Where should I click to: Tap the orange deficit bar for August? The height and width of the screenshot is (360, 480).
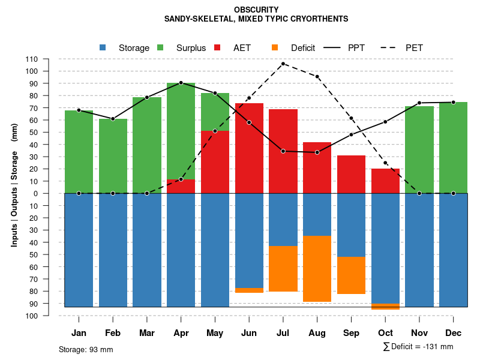coord(317,269)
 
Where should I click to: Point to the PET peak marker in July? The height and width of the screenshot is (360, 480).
coord(283,64)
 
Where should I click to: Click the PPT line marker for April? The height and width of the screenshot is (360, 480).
coord(181,83)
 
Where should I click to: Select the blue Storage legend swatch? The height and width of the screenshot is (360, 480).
coord(103,48)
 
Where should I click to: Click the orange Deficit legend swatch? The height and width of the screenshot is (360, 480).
coord(275,48)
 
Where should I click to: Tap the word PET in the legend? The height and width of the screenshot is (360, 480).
coord(414,48)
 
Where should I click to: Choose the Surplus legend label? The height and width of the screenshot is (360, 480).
coord(191,48)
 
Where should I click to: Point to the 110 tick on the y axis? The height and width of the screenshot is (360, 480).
coord(32,59)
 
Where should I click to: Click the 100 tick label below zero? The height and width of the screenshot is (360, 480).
coord(32,316)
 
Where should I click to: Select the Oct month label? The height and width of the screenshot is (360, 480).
coord(385,333)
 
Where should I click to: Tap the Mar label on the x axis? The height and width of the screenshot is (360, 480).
coord(147,333)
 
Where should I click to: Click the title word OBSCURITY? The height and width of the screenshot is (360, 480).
coord(256,10)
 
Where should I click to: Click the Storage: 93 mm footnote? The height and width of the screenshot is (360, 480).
coord(86,349)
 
